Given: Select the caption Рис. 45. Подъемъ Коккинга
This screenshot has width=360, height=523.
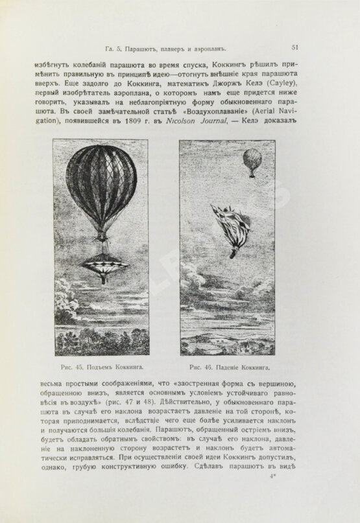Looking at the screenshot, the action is (x=101, y=367).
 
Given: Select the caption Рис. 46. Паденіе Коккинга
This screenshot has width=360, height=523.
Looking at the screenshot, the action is (x=226, y=367).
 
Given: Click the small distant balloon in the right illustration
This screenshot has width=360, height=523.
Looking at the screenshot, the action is (x=252, y=161).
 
